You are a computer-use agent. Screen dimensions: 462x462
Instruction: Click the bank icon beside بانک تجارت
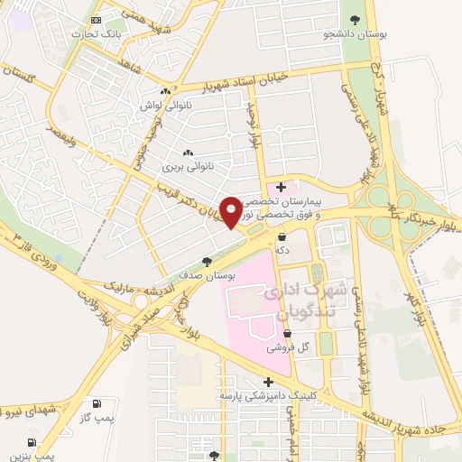coord(97,19)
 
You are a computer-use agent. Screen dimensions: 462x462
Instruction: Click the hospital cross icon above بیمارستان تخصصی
coord(282,187)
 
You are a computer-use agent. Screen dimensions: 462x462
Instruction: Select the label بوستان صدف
coord(207,277)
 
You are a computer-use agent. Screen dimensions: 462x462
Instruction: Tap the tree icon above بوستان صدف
coord(207,262)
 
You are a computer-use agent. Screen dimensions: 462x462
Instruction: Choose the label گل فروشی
coord(289,346)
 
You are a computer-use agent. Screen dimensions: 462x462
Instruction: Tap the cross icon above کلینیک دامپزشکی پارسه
coord(268,381)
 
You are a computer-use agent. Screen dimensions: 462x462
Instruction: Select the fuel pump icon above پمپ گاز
coord(97,403)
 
